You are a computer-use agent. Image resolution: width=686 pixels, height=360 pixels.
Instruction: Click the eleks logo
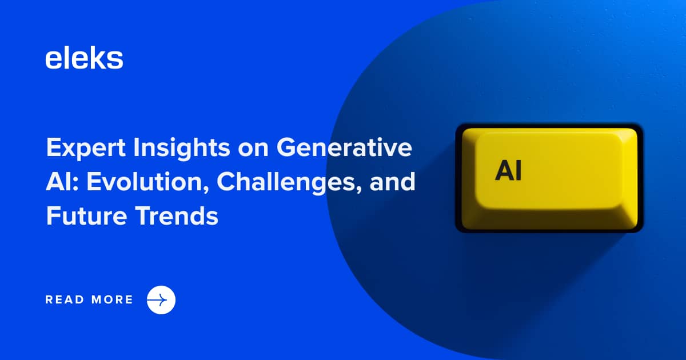84,58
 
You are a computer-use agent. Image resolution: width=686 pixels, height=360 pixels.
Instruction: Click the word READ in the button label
63,299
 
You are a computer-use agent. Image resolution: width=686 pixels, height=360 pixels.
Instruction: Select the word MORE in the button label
112,299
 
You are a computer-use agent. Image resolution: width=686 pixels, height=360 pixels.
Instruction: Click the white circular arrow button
161,299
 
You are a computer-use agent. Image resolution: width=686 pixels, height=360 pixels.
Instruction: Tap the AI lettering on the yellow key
508,170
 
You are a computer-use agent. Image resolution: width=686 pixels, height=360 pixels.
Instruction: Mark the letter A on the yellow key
504,170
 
